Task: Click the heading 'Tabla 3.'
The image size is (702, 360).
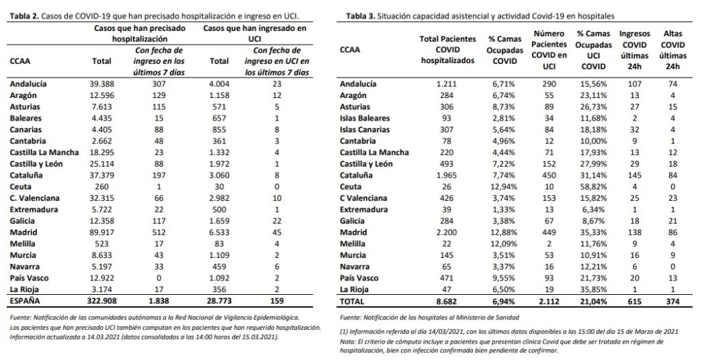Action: click(365, 14)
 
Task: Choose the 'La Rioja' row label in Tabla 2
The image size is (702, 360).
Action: click(26, 289)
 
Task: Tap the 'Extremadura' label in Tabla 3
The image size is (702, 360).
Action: click(365, 210)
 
